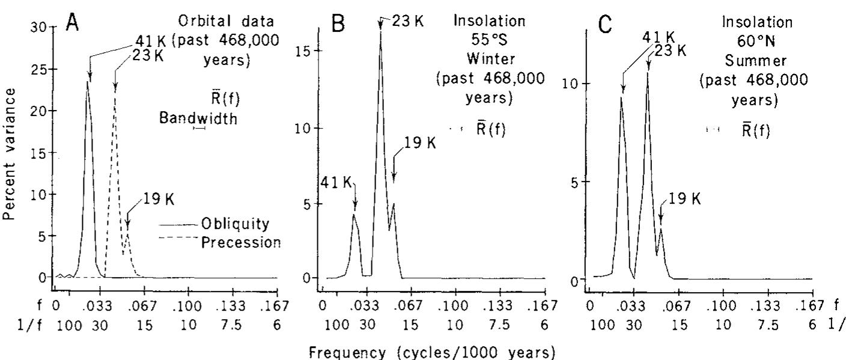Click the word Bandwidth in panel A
[198, 119]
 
